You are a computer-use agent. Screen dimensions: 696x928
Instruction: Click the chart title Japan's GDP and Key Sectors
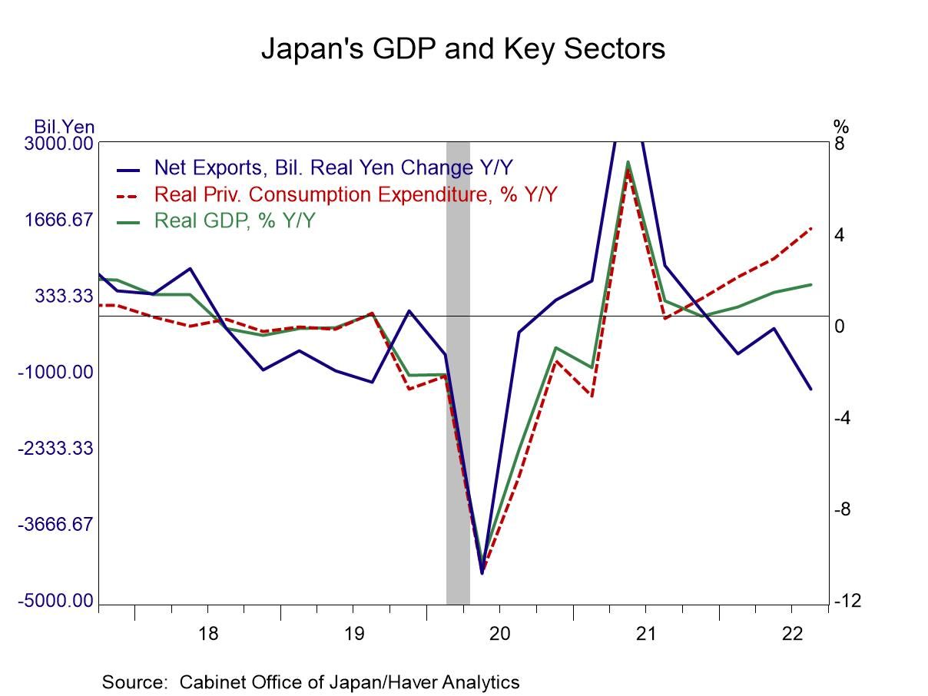[x=463, y=48]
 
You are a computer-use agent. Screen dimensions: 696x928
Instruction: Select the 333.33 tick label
[x=65, y=296]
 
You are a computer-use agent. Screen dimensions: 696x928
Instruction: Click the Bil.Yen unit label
[x=65, y=127]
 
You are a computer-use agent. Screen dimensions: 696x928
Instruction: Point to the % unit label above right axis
[x=840, y=126]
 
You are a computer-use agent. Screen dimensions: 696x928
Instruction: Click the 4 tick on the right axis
[x=840, y=235]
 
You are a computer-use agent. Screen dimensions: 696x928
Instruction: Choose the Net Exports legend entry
[x=333, y=167]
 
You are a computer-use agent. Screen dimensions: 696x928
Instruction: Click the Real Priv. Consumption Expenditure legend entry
[x=355, y=194]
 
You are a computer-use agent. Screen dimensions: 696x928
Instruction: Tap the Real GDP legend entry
[x=234, y=220]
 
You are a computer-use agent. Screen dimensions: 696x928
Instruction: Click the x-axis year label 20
[x=499, y=635]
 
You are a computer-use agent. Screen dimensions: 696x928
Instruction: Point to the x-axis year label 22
[x=792, y=635]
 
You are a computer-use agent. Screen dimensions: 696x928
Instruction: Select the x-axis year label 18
[x=207, y=635]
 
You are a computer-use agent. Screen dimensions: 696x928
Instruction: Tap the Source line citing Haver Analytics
[x=310, y=681]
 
